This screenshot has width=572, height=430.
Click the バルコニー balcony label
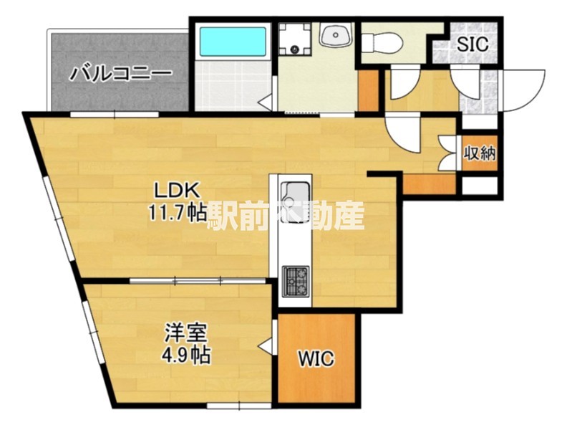click(x=121, y=74)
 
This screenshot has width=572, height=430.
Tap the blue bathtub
click(x=233, y=42)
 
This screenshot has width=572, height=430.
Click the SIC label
click(x=473, y=43)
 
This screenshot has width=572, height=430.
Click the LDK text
click(x=178, y=191)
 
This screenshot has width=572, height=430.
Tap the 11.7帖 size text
click(x=178, y=212)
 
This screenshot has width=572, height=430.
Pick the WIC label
click(x=316, y=358)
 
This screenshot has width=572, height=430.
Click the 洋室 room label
click(x=186, y=333)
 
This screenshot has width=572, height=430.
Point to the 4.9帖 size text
click(x=186, y=354)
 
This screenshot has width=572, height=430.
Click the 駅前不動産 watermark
click(x=286, y=215)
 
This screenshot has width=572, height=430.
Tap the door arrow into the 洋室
click(x=266, y=347)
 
